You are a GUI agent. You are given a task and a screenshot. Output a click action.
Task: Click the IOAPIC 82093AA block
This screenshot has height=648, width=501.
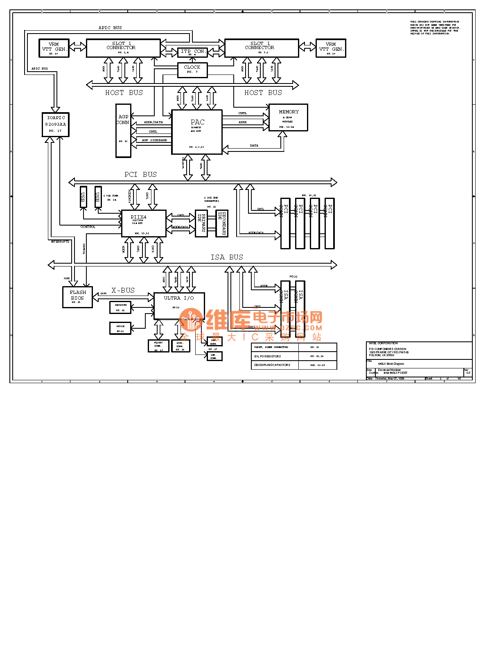(x=56, y=124)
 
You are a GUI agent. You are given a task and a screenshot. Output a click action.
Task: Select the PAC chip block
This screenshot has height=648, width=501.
(x=197, y=132)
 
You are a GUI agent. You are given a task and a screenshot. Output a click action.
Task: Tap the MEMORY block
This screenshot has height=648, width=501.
(x=288, y=117)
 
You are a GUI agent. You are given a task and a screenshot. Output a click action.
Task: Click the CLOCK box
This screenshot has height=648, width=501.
(x=192, y=70)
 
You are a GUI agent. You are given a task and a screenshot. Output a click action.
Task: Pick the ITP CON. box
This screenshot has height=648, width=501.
(x=193, y=52)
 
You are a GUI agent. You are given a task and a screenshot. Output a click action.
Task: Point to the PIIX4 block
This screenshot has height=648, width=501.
(x=144, y=223)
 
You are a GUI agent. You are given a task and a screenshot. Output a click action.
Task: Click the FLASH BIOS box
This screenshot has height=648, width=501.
(x=77, y=297)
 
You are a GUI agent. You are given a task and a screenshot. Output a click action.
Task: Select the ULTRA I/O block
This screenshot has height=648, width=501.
(x=179, y=306)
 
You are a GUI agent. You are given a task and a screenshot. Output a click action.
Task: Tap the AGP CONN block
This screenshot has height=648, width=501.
(x=123, y=131)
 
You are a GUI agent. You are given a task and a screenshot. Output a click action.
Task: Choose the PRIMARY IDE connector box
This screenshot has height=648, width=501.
(x=201, y=223)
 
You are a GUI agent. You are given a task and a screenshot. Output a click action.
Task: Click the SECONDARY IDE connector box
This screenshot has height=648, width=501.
(x=222, y=223)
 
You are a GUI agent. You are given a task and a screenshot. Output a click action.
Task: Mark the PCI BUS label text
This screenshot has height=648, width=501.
(x=140, y=174)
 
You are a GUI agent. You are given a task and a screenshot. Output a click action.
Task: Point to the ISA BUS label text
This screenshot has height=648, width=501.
(x=227, y=257)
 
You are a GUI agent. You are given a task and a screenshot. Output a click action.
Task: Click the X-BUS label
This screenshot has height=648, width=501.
(x=123, y=290)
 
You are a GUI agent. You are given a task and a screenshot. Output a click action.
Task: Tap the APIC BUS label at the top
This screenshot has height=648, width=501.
(x=110, y=28)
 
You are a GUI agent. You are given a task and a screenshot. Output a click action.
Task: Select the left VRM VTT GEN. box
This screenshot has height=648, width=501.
(x=54, y=48)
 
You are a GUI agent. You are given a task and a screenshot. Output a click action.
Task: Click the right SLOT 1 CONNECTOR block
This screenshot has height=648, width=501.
(x=262, y=48)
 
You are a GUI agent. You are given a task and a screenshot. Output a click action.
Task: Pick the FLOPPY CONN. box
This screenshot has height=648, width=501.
(x=158, y=346)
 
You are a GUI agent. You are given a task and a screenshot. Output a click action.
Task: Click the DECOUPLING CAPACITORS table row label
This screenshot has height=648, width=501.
(x=273, y=365)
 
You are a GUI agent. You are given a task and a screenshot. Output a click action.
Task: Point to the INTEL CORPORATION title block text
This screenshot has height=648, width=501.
(x=383, y=343)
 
